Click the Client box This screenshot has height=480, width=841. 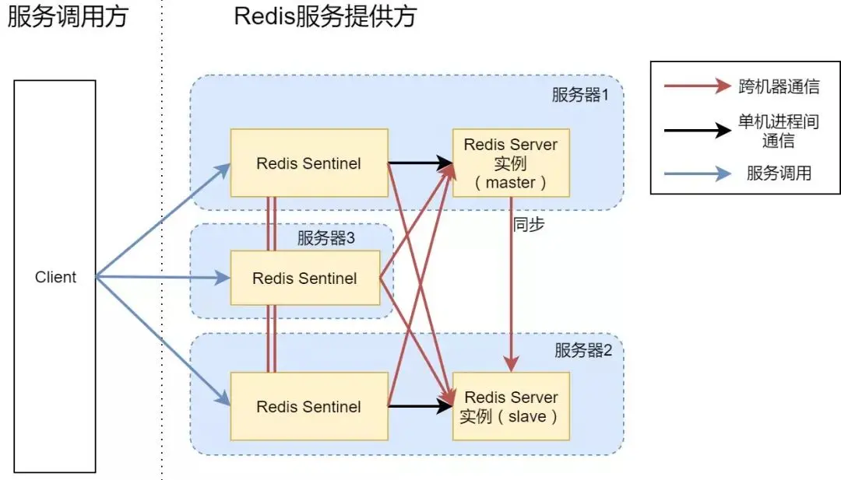pos(55,276)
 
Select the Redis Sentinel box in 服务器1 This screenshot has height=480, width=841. pos(309,163)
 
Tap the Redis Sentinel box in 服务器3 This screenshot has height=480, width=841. pos(305,278)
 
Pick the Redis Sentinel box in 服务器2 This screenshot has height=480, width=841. pos(309,407)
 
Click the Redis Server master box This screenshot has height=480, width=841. pos(511,163)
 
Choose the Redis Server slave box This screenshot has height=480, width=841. pos(511,407)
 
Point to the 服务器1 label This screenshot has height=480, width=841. pos(580,95)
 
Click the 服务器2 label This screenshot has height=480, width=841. pos(583,350)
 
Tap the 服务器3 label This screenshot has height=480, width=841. pos(326,238)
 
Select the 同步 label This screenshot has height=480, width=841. pos(529,224)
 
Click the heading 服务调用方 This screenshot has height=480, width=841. pos(68,16)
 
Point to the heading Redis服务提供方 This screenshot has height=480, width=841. pos(325,16)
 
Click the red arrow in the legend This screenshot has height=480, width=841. pos(698,86)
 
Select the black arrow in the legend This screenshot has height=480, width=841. pos(698,130)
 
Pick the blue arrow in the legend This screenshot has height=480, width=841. pos(698,173)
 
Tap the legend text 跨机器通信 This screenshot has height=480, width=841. pos(779,86)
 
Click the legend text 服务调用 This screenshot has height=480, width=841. pos(779,173)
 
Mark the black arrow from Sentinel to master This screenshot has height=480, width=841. pos(420,163)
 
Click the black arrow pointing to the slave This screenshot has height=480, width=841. pos(420,407)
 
